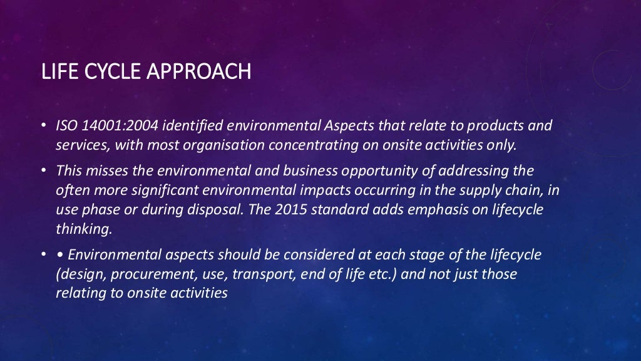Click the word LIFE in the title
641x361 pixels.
point(57,72)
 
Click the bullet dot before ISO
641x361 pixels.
point(44,126)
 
